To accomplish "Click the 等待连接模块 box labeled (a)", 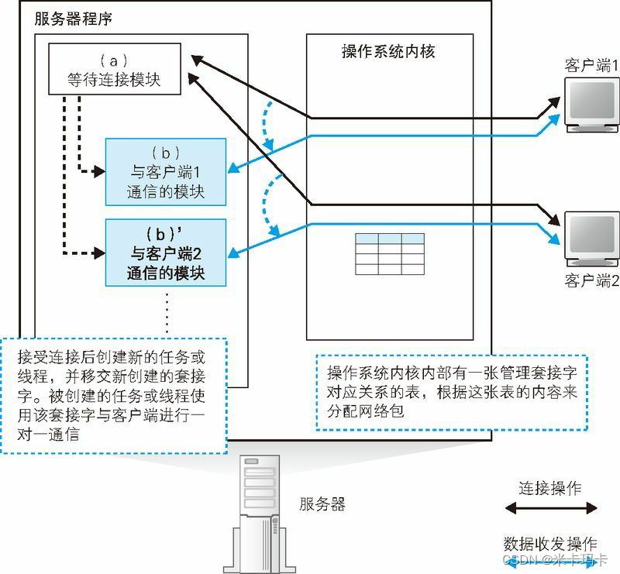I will coord(115,69).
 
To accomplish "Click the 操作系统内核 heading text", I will coord(388,52).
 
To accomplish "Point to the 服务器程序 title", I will coord(73,18).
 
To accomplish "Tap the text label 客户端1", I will coord(591,65).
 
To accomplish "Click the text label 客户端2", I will coord(591,280).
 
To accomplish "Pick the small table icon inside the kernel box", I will coord(390,253).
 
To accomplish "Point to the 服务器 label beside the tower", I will coord(322,504).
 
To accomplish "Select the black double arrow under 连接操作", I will coord(550,508).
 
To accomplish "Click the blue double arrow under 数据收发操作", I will coord(550,560).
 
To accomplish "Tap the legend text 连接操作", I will coord(550,488).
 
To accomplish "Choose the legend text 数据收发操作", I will coord(550,542).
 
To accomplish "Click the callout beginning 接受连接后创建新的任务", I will coord(113,395).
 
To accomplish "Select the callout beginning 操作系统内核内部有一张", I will coord(452,392).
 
